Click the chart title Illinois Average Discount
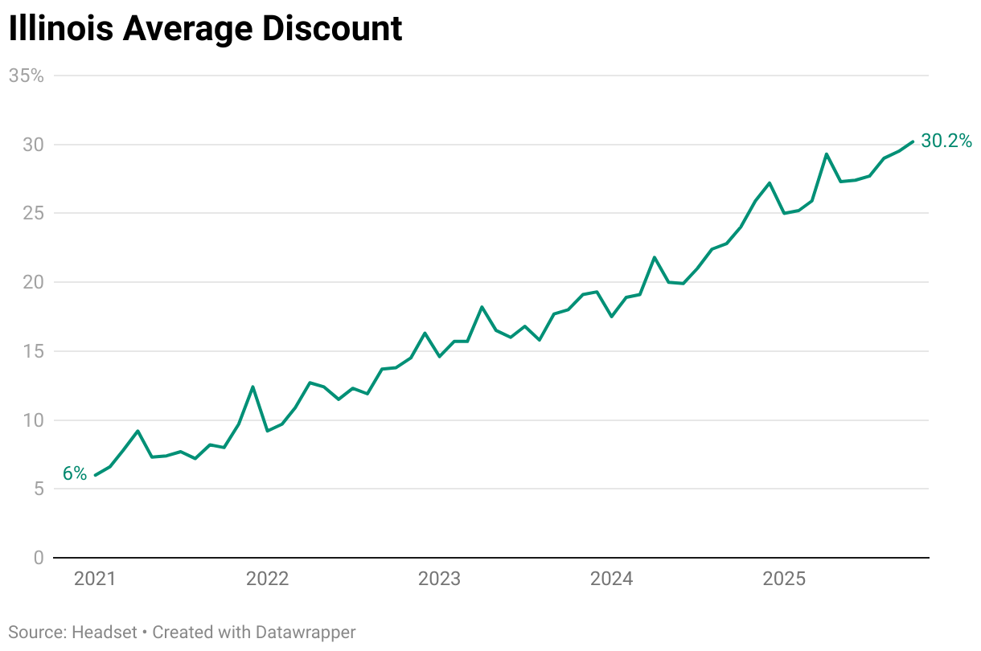coord(205,29)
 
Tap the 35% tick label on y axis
coord(26,76)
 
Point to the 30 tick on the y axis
coord(32,145)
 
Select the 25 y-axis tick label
coord(32,214)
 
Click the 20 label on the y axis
coord(32,282)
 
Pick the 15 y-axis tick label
coord(32,351)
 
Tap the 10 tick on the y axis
coord(32,420)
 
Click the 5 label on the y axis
coord(38,489)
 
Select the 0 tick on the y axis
coord(38,558)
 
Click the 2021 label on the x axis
coord(95,579)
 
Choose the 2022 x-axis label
coord(267,579)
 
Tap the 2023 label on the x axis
coord(439,579)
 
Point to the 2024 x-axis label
coord(611,579)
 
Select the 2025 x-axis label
coord(783,579)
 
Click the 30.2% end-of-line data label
coord(946,141)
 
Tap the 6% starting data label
coord(75,474)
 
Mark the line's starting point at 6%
coord(96,475)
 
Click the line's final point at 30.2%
coord(913,141)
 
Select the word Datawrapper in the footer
coord(306,633)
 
